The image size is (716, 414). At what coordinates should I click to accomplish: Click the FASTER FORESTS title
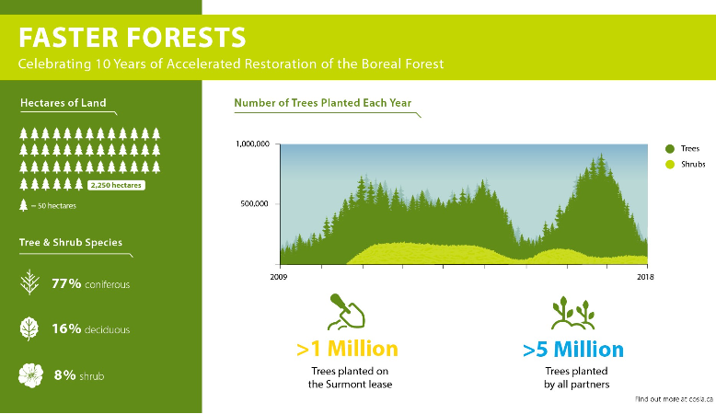tap(132, 38)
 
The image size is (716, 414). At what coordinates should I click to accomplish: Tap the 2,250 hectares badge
tap(116, 185)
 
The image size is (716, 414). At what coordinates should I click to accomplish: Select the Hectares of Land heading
tap(63, 103)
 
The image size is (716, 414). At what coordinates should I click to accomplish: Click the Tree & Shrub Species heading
tap(71, 242)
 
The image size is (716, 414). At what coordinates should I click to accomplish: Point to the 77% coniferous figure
tap(90, 284)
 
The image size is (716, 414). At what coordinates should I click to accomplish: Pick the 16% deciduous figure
tap(90, 328)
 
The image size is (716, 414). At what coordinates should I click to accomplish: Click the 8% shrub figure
tap(79, 375)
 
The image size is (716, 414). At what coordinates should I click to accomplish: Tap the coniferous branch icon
tap(29, 282)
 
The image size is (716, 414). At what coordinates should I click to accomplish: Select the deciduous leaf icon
tap(29, 328)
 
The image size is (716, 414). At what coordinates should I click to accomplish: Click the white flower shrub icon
tap(30, 375)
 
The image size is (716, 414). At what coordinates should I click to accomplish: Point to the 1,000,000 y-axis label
tap(252, 144)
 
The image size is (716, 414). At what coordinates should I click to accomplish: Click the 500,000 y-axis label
tap(254, 203)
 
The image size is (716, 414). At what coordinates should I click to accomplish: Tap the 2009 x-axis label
tap(279, 277)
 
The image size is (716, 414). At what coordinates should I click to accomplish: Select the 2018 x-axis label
tap(645, 277)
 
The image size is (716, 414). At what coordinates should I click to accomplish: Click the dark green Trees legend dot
tap(670, 149)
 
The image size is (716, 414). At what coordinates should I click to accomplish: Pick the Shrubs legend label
tap(693, 165)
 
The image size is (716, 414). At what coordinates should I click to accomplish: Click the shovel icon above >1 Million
tap(347, 311)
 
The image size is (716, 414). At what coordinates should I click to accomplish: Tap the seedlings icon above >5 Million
tap(573, 313)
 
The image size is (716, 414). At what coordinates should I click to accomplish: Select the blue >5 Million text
tap(573, 350)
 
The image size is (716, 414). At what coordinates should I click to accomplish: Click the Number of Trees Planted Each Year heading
tap(323, 103)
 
